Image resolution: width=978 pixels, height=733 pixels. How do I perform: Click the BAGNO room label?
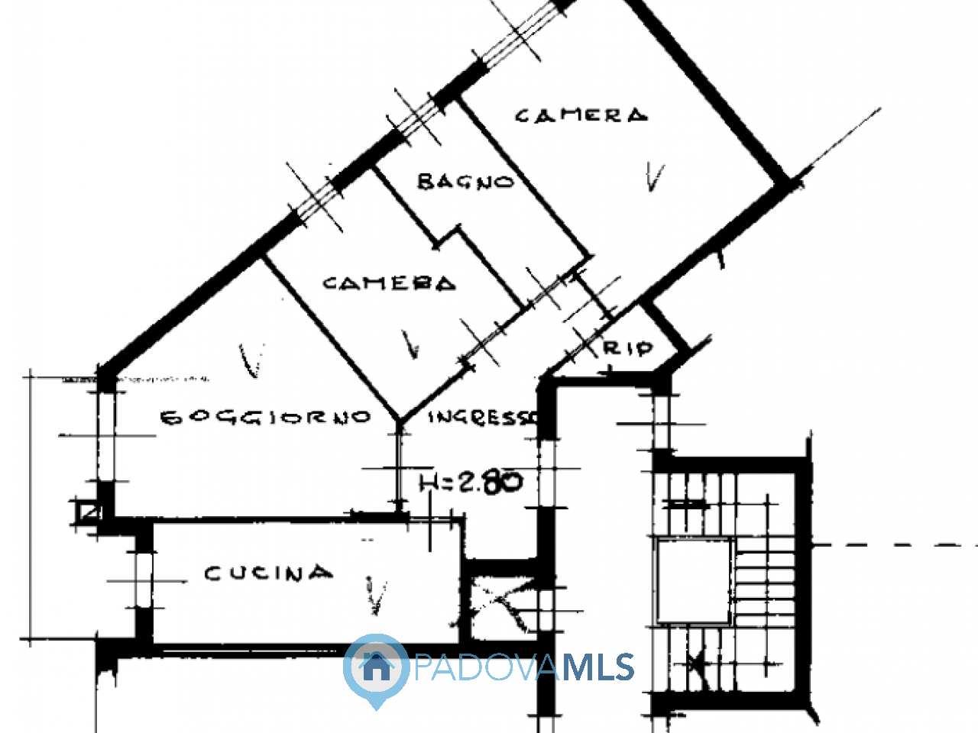point(465,182)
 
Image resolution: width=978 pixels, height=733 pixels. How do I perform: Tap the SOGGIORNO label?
point(266,418)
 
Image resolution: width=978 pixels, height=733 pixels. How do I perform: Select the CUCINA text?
point(269,573)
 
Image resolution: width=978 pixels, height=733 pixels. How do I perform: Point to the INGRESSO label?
point(483,418)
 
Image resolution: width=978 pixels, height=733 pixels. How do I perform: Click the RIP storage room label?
point(628,348)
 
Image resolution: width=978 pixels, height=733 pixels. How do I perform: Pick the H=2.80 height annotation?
point(471,482)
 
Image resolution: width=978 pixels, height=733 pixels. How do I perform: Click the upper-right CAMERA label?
point(581,116)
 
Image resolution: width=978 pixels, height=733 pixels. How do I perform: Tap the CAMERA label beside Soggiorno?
point(390,283)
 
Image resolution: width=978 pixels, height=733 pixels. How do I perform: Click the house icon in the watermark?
point(377,667)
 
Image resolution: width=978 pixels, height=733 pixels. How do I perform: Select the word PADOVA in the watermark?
point(487,667)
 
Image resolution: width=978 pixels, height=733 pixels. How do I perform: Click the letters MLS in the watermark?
point(598,667)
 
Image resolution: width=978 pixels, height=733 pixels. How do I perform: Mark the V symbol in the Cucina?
point(376,596)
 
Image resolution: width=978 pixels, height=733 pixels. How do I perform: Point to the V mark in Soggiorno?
point(251,360)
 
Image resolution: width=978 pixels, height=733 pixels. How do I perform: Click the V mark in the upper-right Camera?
point(655,176)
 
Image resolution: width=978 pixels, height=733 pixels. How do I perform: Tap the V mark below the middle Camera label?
point(410,344)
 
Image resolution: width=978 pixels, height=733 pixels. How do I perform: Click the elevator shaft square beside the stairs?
point(694,581)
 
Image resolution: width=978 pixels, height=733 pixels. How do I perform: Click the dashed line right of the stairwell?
point(895,544)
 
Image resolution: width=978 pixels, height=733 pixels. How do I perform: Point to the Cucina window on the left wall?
point(144,581)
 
